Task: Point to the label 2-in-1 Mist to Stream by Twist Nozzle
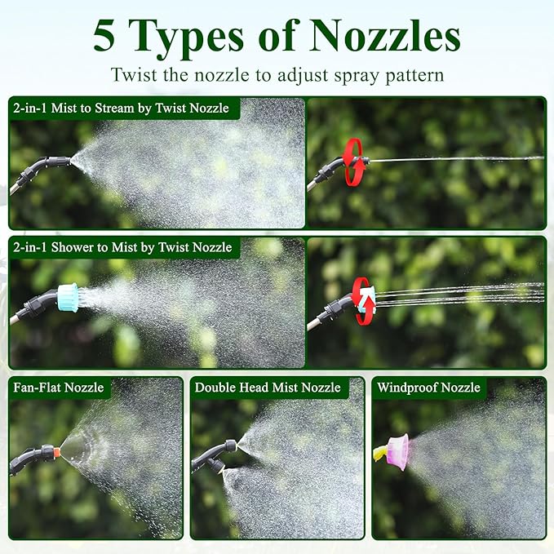point(122,109)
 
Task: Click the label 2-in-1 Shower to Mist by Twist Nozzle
point(122,247)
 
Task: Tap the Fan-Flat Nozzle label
point(59,388)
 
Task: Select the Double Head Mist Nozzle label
point(268,388)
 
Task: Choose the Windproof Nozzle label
point(428,388)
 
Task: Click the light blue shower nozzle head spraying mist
point(68,298)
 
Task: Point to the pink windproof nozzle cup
point(397,452)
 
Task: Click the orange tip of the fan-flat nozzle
point(56,452)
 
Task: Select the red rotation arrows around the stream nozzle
point(354,162)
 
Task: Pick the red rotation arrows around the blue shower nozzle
point(364,301)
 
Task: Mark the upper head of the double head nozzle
point(233,445)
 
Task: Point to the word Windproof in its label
point(407,388)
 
